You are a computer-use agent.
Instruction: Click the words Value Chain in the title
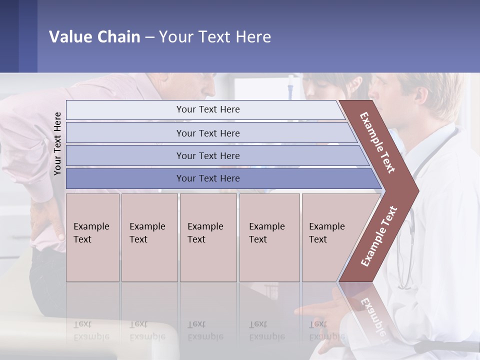click(94, 37)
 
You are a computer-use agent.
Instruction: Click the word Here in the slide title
click(253, 37)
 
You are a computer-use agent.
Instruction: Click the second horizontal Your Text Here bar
click(207, 133)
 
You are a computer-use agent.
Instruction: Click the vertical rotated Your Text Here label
click(57, 143)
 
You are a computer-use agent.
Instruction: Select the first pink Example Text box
click(92, 237)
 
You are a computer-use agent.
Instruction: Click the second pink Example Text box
click(149, 237)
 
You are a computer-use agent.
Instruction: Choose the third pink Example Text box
click(208, 237)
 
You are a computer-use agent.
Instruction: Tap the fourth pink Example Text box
click(269, 237)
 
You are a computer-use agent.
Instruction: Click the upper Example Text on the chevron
click(377, 142)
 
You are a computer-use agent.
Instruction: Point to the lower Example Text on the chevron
click(379, 236)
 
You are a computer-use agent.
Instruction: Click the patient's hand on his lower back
click(47, 220)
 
